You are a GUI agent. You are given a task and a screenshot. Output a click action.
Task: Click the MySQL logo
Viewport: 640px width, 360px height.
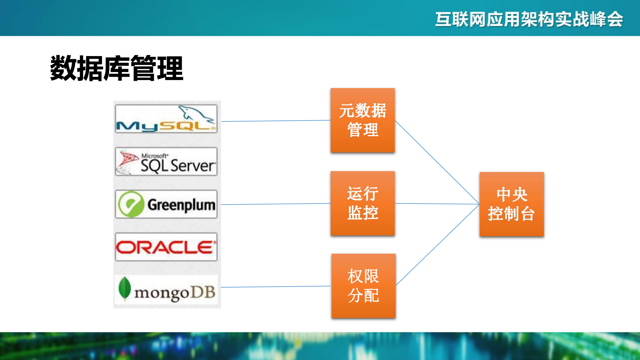[166, 119]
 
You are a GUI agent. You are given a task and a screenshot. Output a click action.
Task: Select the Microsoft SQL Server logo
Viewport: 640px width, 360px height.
[166, 162]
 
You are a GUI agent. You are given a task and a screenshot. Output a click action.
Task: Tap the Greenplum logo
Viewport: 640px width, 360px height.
[166, 204]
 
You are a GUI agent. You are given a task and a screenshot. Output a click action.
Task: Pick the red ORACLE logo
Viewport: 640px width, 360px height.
[166, 247]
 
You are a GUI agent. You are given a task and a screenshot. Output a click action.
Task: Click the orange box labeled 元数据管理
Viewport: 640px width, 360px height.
[363, 120]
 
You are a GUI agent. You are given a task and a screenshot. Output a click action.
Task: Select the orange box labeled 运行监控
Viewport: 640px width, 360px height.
[363, 204]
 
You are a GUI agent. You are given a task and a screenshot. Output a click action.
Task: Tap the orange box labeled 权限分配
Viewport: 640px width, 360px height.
[363, 286]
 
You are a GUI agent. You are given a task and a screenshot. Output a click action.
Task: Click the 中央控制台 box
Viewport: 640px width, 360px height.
[511, 204]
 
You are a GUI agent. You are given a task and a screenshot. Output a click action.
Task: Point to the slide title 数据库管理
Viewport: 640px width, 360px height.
[116, 68]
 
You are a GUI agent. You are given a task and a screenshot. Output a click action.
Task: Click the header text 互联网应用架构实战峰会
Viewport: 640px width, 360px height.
[529, 19]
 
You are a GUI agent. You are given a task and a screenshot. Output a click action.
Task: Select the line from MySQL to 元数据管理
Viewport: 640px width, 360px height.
[276, 121]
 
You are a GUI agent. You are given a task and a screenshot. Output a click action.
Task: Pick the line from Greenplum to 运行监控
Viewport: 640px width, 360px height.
[276, 204]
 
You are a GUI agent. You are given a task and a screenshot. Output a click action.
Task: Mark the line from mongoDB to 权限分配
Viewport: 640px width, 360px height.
[276, 287]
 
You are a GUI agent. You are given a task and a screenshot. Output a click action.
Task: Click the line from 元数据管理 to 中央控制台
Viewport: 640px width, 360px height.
[437, 162]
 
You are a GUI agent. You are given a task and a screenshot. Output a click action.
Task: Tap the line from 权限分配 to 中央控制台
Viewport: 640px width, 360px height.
[438, 245]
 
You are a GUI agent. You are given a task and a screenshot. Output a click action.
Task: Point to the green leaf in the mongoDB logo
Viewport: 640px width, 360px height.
[124, 288]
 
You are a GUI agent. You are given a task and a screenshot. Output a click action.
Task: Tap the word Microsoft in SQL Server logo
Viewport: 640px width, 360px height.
[154, 156]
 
